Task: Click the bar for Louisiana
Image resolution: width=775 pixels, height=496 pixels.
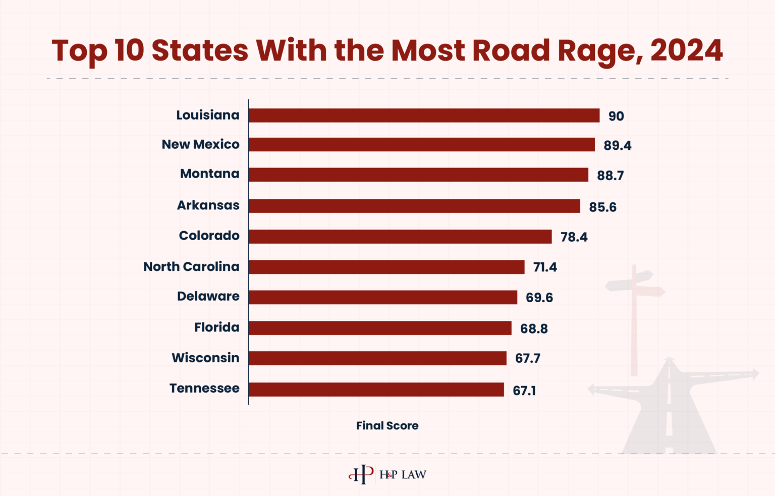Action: pyautogui.click(x=424, y=116)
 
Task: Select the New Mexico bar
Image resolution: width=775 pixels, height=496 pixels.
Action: pyautogui.click(x=421, y=145)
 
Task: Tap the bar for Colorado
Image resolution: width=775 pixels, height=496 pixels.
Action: pyautogui.click(x=400, y=237)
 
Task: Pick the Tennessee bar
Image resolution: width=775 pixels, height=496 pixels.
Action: pyautogui.click(x=376, y=390)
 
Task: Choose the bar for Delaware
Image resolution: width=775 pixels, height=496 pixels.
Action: pyautogui.click(x=382, y=297)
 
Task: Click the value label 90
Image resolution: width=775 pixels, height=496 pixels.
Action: pyautogui.click(x=616, y=116)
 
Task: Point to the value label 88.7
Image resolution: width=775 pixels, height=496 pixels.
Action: pyautogui.click(x=610, y=176)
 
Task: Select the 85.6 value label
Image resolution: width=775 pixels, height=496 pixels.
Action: pyautogui.click(x=602, y=207)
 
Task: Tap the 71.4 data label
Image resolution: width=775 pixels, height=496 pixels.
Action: pyautogui.click(x=545, y=267)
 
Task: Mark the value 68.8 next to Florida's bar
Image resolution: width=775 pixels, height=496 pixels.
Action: pyautogui.click(x=534, y=329)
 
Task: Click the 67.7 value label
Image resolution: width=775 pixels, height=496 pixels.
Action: pyautogui.click(x=527, y=359)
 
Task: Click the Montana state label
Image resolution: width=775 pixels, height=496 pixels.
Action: pyautogui.click(x=209, y=174)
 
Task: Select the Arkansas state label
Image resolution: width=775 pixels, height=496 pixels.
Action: pyautogui.click(x=208, y=205)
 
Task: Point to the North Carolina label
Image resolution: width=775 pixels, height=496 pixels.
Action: pyautogui.click(x=191, y=266)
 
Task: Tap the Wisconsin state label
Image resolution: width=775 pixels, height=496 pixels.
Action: pyautogui.click(x=205, y=358)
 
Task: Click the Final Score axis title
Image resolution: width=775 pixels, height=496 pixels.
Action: pyautogui.click(x=387, y=426)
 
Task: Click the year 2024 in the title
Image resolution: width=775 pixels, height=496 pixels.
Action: pyautogui.click(x=686, y=50)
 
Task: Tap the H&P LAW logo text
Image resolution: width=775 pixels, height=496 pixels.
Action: pyautogui.click(x=403, y=475)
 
